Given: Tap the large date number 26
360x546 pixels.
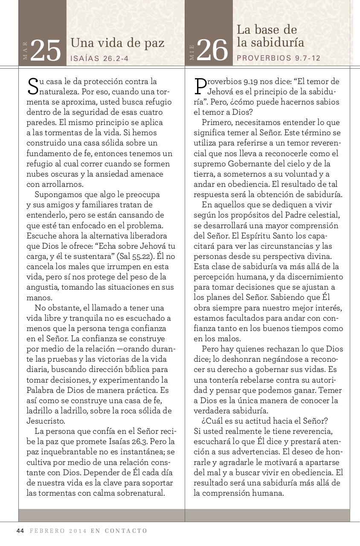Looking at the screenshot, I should [x=212, y=51].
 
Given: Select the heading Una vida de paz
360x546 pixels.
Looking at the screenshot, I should [x=117, y=43].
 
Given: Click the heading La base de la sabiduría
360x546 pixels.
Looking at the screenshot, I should [x=270, y=36].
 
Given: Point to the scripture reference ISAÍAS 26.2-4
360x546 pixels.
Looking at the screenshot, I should [x=99, y=58].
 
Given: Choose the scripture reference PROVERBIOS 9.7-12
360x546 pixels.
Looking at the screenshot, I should [x=278, y=58].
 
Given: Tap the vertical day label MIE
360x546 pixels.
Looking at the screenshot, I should [x=192, y=52].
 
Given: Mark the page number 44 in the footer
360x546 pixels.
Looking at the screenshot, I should [x=20, y=531].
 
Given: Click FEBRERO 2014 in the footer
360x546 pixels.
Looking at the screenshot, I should [x=58, y=531].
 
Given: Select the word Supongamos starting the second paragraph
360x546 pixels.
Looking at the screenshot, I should [x=55, y=195].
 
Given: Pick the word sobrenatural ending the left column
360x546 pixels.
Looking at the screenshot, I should [x=140, y=493].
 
